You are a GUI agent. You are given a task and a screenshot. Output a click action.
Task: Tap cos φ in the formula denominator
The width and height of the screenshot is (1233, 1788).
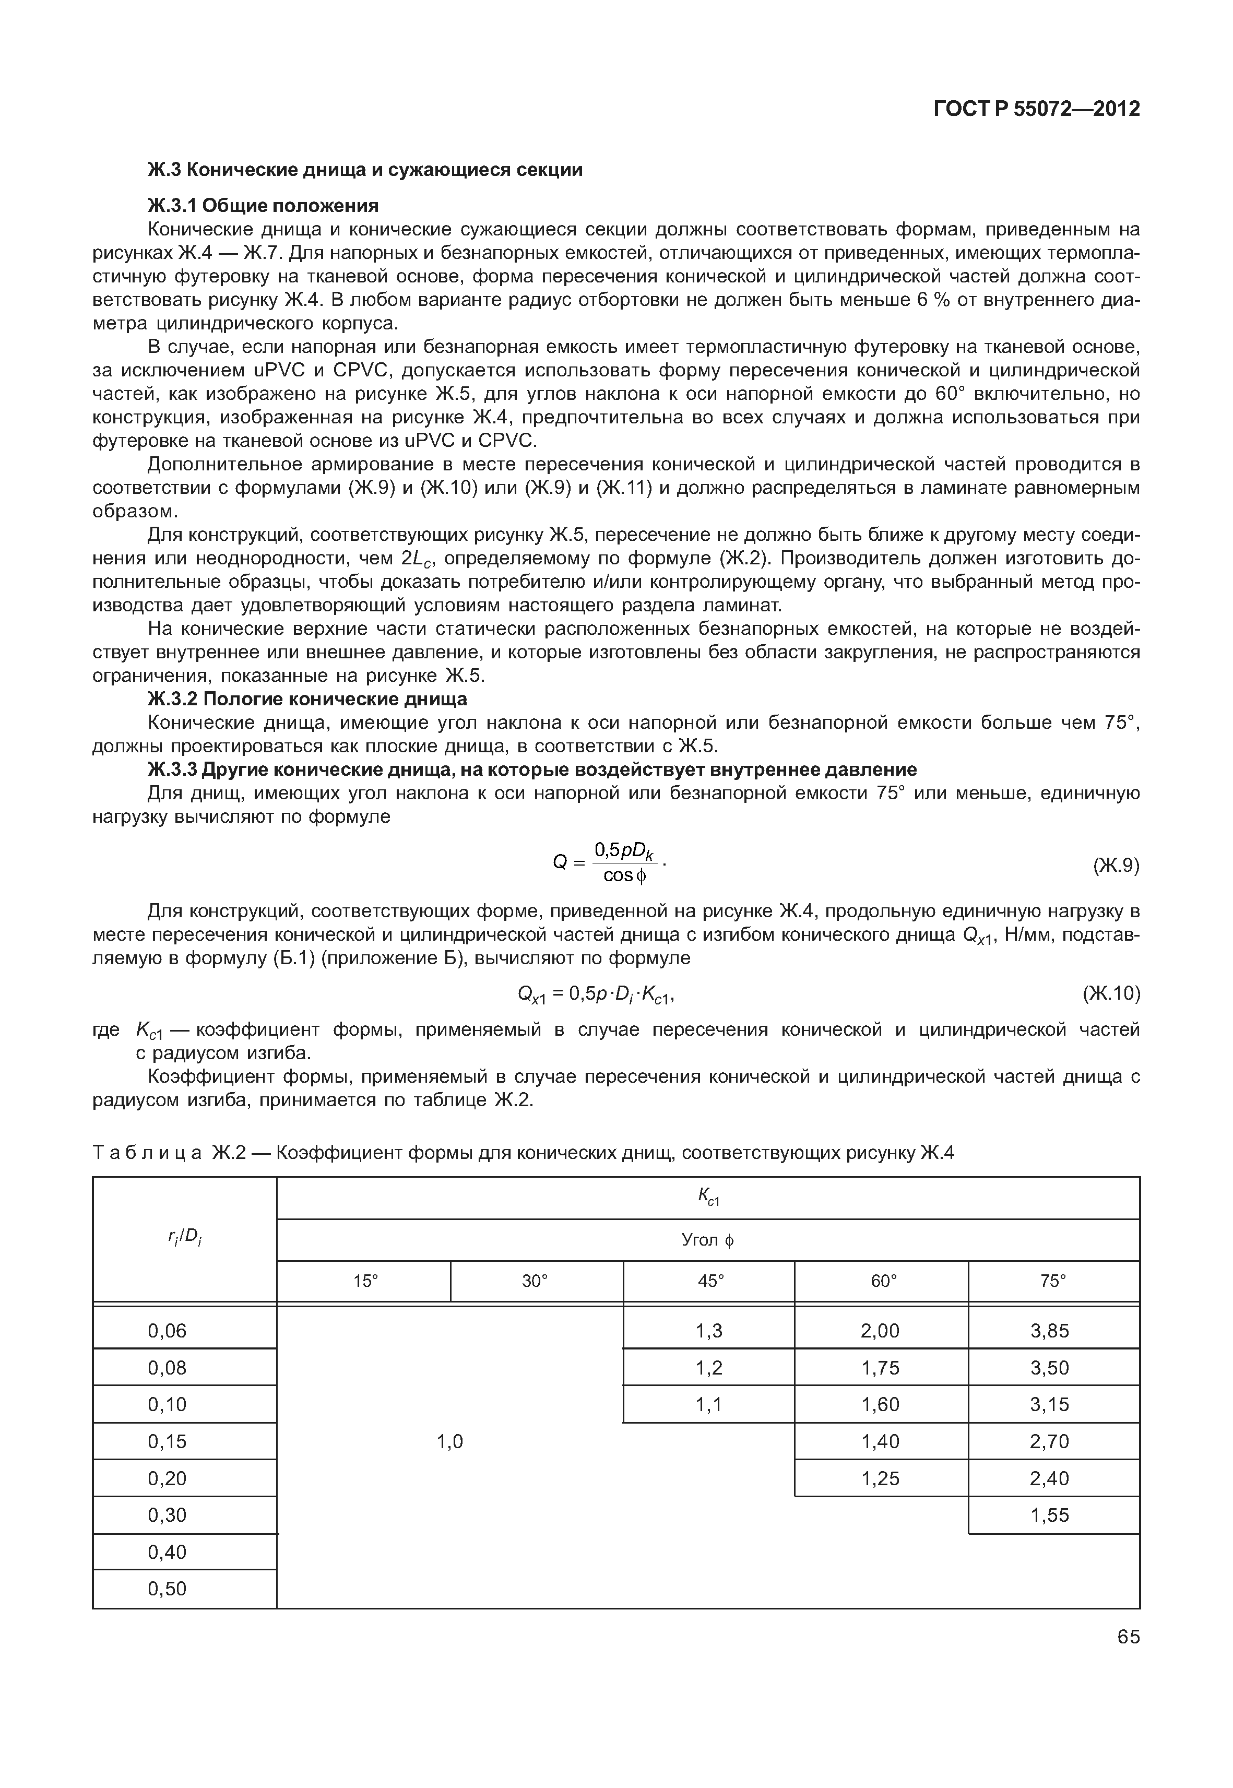click(624, 875)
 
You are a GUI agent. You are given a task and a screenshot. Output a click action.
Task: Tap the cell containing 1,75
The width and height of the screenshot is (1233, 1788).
click(880, 1368)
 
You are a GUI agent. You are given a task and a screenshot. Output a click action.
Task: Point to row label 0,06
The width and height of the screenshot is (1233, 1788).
click(167, 1331)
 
